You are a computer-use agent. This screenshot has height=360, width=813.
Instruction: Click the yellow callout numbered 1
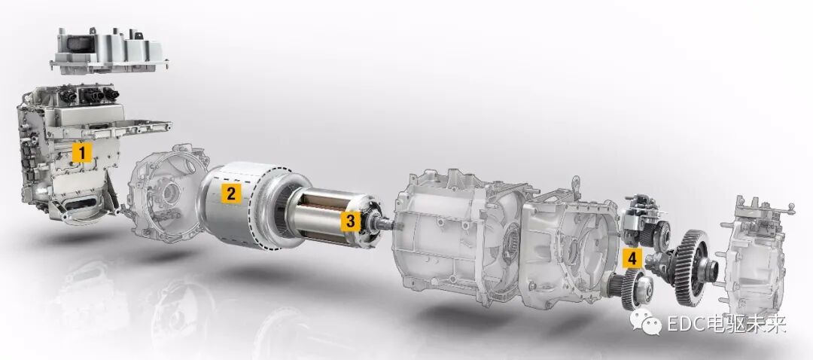(x=81, y=153)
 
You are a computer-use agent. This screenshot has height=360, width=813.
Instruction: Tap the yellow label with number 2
(x=230, y=194)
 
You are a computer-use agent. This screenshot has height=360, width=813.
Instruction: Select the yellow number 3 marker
(x=351, y=221)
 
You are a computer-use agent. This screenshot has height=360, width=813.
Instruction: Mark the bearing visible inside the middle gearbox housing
(x=511, y=241)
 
